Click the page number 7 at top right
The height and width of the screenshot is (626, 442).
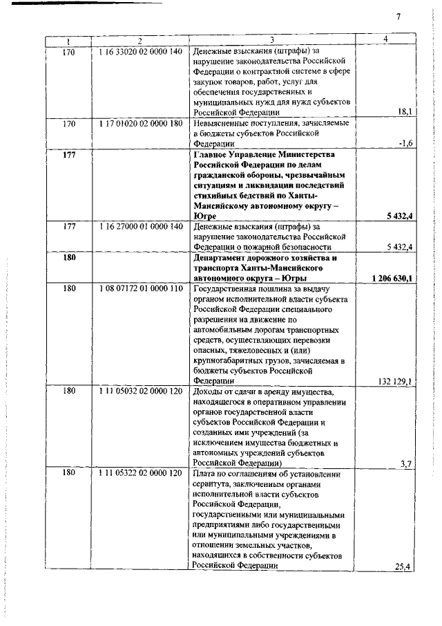[398, 17]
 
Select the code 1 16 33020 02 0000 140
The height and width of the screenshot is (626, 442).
[140, 51]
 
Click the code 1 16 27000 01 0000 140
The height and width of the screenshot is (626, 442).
[140, 226]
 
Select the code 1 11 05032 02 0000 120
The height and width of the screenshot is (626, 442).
[140, 391]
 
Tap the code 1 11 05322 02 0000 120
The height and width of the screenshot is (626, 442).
[140, 474]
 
